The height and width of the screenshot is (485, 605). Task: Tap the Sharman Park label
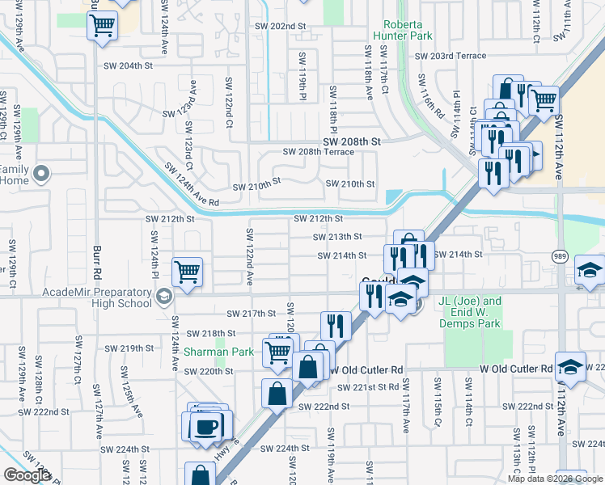218,352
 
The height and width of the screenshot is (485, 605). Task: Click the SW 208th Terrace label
318,152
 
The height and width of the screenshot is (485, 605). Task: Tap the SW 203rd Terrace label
451,56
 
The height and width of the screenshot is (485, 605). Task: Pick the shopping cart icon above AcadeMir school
187,272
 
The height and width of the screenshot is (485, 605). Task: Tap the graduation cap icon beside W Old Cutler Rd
571,367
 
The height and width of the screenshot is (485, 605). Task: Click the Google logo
26,475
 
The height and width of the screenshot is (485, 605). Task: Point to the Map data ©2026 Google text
556,479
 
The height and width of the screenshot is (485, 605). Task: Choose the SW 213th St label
337,237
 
